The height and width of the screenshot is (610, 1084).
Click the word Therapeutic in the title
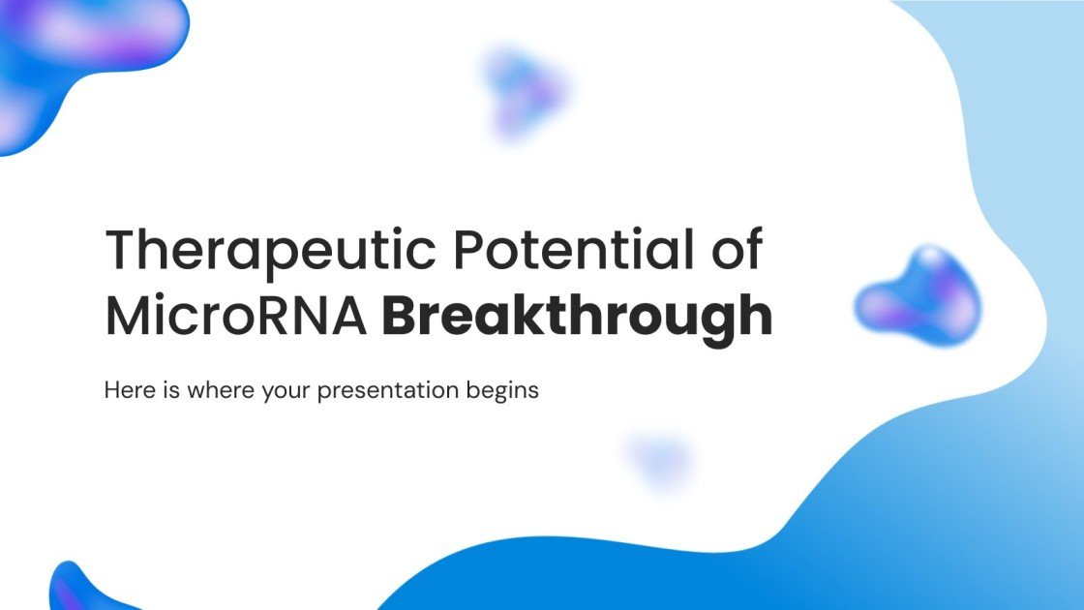[x=267, y=251]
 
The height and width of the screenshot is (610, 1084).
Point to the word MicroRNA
[x=236, y=316]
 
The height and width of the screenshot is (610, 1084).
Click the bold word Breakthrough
[x=577, y=318]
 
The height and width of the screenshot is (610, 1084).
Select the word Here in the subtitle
[x=126, y=391]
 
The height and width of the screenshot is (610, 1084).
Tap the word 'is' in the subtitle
[x=166, y=391]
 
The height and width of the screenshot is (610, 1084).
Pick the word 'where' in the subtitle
[x=211, y=391]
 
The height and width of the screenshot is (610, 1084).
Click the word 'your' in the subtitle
[x=281, y=392]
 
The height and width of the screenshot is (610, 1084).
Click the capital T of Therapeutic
[x=121, y=251]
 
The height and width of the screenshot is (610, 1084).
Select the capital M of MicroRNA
[x=126, y=316]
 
